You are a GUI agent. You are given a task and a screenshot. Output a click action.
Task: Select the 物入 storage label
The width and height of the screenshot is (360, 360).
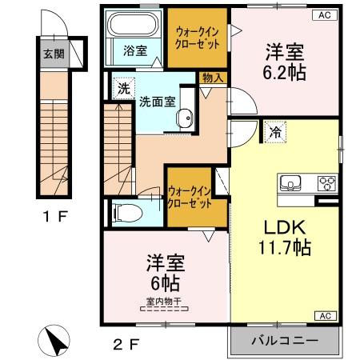click(x=213, y=78)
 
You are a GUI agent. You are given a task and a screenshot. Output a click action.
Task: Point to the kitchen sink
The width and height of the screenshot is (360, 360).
click(x=290, y=183)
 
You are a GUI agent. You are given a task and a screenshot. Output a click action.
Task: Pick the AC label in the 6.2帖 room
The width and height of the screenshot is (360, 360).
click(x=326, y=14)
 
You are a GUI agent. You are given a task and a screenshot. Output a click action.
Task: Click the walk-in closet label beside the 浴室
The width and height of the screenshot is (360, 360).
click(x=197, y=38)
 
